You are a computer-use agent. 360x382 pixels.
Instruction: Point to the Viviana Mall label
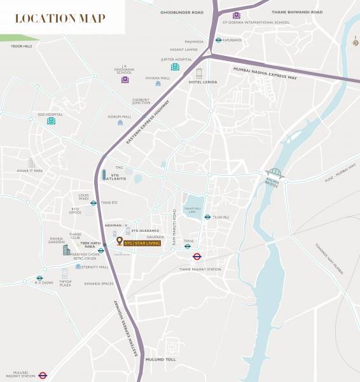click(x=157, y=78)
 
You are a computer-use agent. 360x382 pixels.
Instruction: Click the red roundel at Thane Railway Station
click(x=197, y=257)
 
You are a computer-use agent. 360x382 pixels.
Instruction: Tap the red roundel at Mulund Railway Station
click(x=43, y=376)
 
